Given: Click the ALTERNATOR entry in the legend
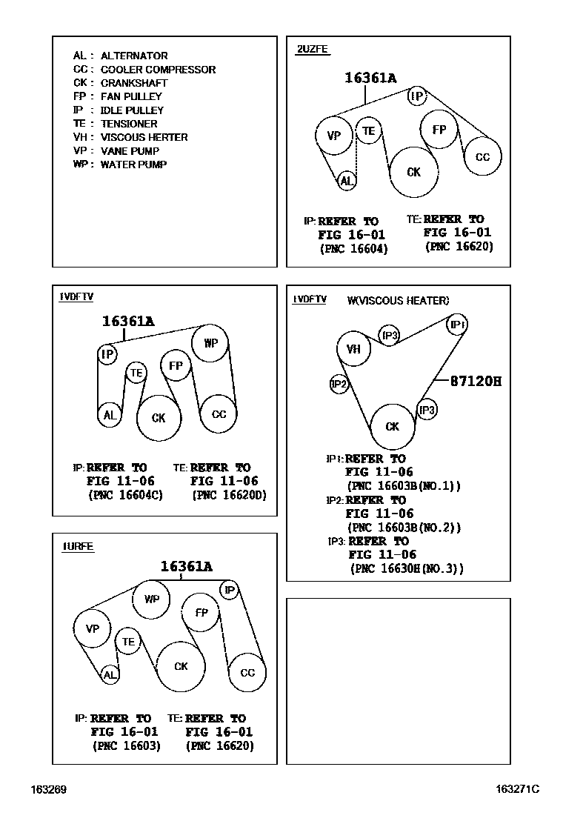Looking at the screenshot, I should (120, 56).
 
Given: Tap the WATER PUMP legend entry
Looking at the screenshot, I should (120, 165).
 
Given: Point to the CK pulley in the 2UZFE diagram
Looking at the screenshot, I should (413, 172).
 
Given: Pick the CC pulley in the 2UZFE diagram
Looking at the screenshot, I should (482, 157).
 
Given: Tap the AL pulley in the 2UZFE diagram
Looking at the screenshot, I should (347, 180).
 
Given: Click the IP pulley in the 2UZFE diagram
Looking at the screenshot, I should (418, 96).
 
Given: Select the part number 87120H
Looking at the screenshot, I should (476, 382).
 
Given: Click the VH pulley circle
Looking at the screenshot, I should (353, 349).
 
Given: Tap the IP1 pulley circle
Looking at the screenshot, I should (457, 325).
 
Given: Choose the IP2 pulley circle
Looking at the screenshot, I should (339, 384).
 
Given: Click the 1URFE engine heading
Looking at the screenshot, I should (78, 547).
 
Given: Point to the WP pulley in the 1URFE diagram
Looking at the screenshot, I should (151, 599).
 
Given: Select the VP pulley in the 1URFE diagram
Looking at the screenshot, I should (93, 629).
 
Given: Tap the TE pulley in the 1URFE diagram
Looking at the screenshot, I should (129, 641).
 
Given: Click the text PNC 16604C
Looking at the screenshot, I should (125, 495).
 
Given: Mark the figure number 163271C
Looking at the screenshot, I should (517, 790).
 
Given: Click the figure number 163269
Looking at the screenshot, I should (49, 790).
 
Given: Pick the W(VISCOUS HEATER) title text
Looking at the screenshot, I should (398, 300).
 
